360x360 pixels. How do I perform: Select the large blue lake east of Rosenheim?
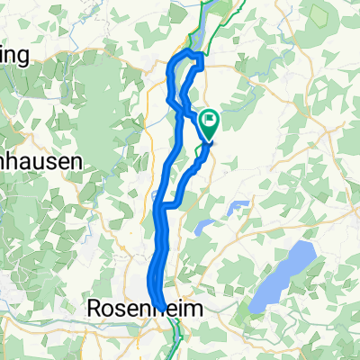[x=283, y=277]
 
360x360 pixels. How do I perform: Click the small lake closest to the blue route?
[x=204, y=227]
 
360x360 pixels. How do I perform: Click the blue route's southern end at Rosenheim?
[x=161, y=305]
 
